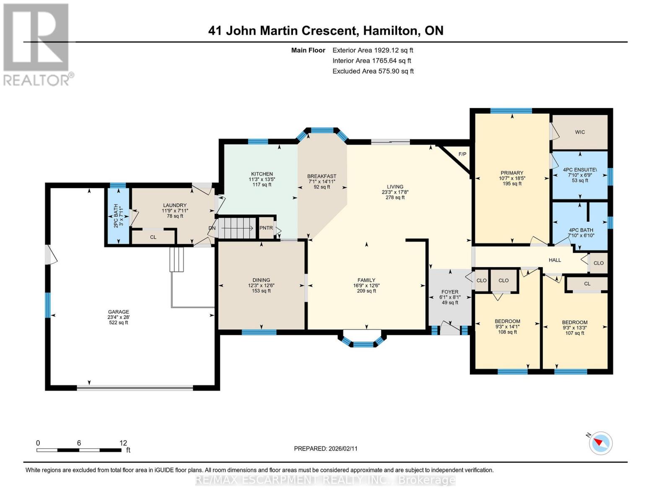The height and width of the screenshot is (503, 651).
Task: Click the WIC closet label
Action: [x=580, y=132]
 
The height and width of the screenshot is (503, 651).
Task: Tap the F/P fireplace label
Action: [x=462, y=154]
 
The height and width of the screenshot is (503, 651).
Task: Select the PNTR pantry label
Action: [x=266, y=228]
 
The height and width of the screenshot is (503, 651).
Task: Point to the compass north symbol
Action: [x=600, y=443]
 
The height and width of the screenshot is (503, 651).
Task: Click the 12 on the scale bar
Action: [x=123, y=443]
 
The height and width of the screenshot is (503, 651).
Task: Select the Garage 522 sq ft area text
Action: [x=118, y=323]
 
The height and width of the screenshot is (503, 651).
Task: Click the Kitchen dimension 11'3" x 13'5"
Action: [x=262, y=179]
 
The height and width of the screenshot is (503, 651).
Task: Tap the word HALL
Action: [x=555, y=260]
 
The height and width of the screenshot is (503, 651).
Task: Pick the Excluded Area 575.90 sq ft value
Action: [x=373, y=71]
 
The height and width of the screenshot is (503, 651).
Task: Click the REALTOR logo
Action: [x=37, y=44]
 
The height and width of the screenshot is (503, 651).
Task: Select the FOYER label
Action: [x=450, y=292]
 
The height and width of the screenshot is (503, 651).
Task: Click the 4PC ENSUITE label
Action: [x=580, y=170]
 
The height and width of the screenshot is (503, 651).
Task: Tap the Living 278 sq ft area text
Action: [x=395, y=197]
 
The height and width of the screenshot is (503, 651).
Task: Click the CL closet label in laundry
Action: [x=153, y=237]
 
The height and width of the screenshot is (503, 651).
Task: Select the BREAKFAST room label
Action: [x=322, y=176]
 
